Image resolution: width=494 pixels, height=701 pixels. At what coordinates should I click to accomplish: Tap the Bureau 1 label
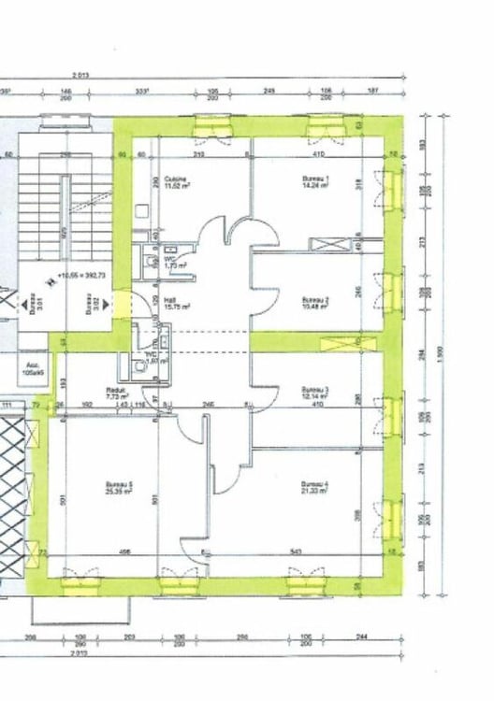[314, 179]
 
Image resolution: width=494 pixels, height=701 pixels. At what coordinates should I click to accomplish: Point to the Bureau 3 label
[314, 389]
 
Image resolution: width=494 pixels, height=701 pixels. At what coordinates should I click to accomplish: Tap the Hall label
[170, 301]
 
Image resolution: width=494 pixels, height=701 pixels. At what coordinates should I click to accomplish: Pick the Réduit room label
[116, 391]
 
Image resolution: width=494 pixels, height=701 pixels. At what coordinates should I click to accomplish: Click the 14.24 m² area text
[315, 186]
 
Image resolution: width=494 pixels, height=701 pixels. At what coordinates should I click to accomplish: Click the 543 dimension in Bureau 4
[295, 553]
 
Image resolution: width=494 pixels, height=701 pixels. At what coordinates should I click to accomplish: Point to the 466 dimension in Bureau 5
[123, 553]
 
